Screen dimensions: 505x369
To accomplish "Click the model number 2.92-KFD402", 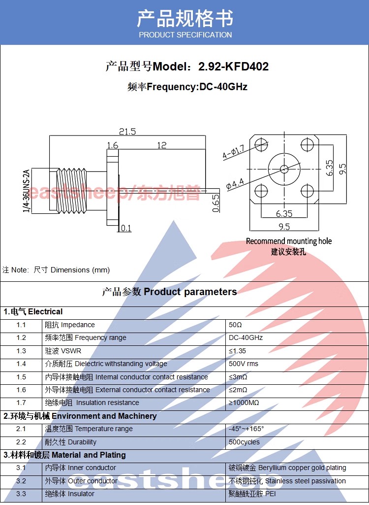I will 233,67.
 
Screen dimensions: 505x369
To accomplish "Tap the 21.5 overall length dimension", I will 127,132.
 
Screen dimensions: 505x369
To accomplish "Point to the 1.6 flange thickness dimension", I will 113,145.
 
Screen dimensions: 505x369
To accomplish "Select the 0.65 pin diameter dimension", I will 215,203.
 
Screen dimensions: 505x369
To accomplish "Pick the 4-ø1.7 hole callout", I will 233,153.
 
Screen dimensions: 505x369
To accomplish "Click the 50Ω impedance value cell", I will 236,325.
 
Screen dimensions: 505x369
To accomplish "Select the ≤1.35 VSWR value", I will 237,351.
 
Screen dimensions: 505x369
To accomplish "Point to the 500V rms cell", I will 244,364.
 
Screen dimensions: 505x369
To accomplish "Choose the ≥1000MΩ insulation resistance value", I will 244,403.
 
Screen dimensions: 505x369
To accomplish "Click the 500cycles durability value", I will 244,442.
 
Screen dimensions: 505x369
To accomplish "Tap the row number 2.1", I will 21,429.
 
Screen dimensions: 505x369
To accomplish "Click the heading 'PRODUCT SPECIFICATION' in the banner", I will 185,35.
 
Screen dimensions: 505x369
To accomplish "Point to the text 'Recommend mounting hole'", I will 289,241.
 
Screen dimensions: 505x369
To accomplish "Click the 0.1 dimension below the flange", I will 126,228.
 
